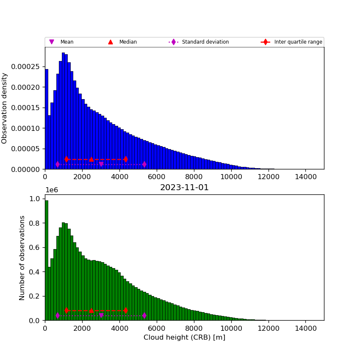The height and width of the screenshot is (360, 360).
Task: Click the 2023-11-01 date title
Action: click(184, 188)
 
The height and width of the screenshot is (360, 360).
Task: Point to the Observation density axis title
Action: click(5, 108)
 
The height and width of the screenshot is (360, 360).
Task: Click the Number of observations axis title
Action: click(22, 258)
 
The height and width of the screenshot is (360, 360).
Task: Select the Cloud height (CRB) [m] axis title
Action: click(184, 338)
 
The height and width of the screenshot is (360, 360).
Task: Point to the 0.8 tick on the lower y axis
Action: click(35, 223)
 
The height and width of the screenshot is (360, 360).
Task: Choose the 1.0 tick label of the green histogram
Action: click(35, 199)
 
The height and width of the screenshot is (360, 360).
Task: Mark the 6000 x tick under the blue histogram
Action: click(157, 176)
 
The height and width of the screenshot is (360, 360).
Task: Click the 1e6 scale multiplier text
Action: click(51, 190)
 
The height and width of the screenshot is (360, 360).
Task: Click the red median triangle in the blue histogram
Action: click(91, 159)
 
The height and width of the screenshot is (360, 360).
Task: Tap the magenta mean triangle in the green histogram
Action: click(101, 316)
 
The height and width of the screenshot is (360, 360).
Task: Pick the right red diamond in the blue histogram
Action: click(126, 159)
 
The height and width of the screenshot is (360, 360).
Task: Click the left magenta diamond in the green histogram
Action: click(58, 316)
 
